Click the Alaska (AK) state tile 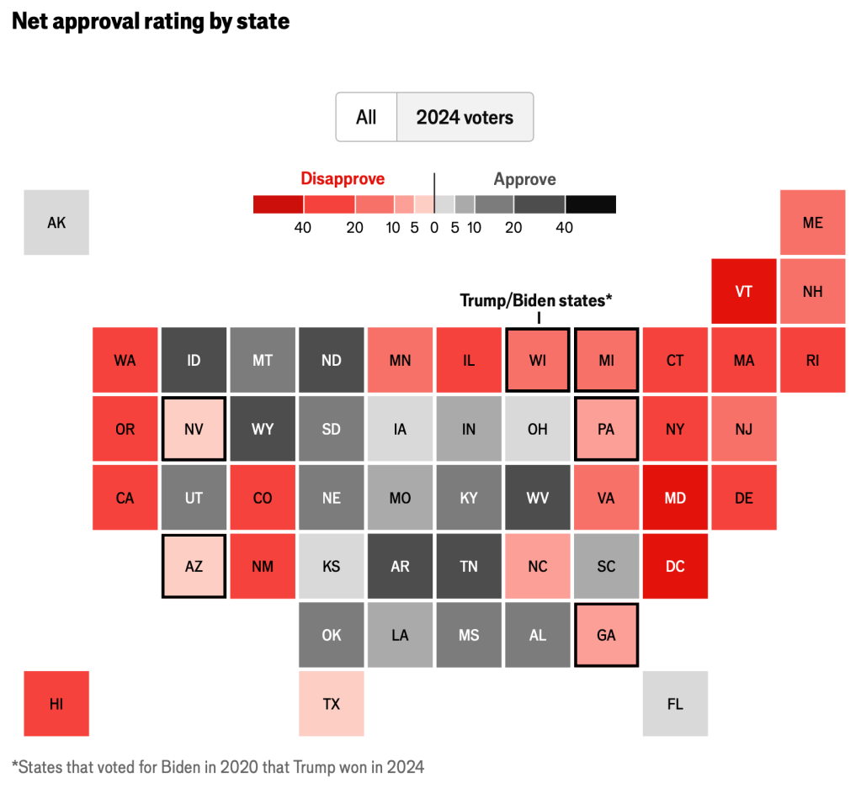coord(56,223)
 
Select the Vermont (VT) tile coord(744,292)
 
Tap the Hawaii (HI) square coord(56,704)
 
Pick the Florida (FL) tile coord(675,704)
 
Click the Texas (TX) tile coord(332,704)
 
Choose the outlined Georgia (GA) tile coord(606,635)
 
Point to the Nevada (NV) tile coord(194,429)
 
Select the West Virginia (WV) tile coord(538,498)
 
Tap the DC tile coord(675,567)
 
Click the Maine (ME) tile coord(813,223)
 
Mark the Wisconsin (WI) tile coord(538,360)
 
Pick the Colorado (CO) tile coord(263,498)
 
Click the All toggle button coord(366,118)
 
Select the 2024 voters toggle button coord(465,118)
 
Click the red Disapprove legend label coord(343,179)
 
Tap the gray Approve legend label coord(524,179)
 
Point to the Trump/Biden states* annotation coord(534,300)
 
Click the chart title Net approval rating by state coord(151,22)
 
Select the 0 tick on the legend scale coord(434,227)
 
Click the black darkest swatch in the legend coord(591,204)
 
